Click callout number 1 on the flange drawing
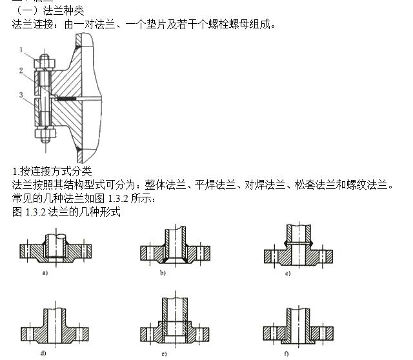[21, 50]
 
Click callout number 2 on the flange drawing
[21, 70]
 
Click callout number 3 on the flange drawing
[21, 95]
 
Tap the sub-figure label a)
[45, 274]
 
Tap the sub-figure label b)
[163, 274]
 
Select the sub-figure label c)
[288, 274]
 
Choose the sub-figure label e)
[164, 353]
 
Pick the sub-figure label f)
[288, 353]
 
